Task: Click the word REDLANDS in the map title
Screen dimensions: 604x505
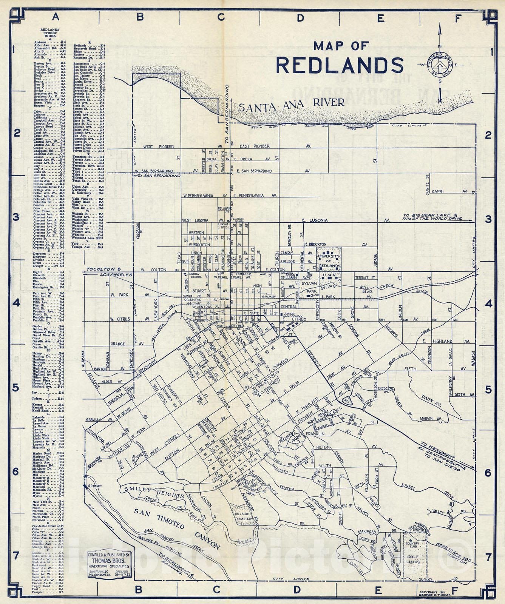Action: click(340, 65)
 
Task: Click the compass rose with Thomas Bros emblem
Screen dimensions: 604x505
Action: click(439, 64)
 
